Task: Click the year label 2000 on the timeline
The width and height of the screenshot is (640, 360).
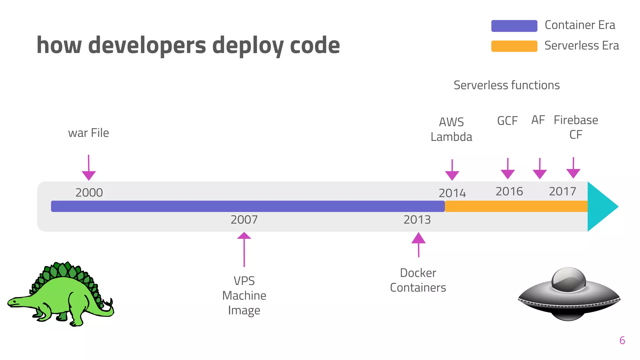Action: [x=89, y=192]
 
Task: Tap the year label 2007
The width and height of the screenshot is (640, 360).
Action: [x=244, y=220]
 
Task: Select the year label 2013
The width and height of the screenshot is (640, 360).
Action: [x=417, y=220]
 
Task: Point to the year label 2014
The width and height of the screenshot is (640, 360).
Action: [x=452, y=193]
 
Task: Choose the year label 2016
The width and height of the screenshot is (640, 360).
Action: [x=509, y=191]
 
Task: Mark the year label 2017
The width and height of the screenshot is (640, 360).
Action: [x=562, y=191]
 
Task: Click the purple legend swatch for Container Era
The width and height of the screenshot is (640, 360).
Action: [x=514, y=26]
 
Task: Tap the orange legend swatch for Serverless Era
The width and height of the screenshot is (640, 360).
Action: [x=514, y=46]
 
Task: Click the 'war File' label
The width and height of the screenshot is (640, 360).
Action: [x=88, y=133]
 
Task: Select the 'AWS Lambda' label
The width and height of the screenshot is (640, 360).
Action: [x=451, y=129]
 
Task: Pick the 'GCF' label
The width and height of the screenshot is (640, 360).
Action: [x=507, y=121]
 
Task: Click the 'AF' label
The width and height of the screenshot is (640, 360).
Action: [x=538, y=120]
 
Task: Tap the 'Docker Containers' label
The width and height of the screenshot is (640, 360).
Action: [x=418, y=280]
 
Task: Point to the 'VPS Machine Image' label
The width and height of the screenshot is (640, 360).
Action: [x=244, y=296]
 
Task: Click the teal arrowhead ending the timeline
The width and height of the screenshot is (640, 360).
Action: [x=600, y=207]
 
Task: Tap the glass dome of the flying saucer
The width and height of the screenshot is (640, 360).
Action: [x=568, y=279]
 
